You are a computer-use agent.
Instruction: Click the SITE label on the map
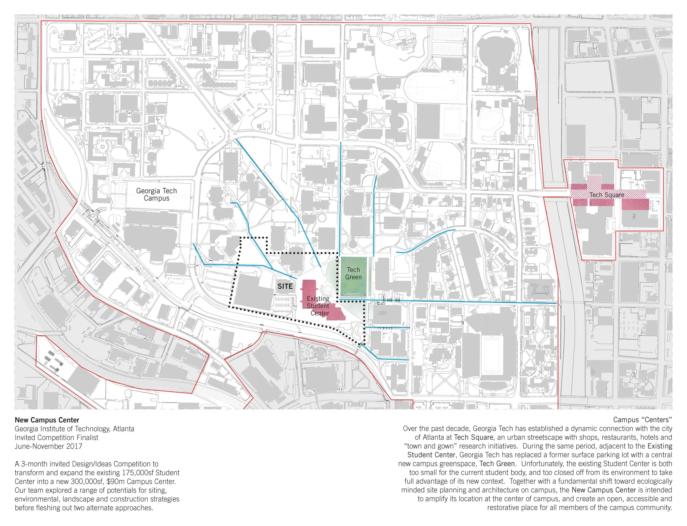pyautogui.click(x=285, y=286)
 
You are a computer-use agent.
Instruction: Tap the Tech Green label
pyautogui.click(x=353, y=273)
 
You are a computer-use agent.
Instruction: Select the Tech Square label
pyautogui.click(x=607, y=195)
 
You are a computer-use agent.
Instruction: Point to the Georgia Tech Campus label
pyautogui.click(x=156, y=194)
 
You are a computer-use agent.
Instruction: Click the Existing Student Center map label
pyautogui.click(x=318, y=306)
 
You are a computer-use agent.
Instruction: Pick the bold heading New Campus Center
pyautogui.click(x=47, y=420)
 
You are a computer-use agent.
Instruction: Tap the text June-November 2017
pyautogui.click(x=48, y=446)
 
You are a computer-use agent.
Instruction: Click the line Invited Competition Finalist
pyautogui.click(x=56, y=437)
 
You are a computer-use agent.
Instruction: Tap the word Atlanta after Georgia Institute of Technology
pyautogui.click(x=124, y=428)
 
